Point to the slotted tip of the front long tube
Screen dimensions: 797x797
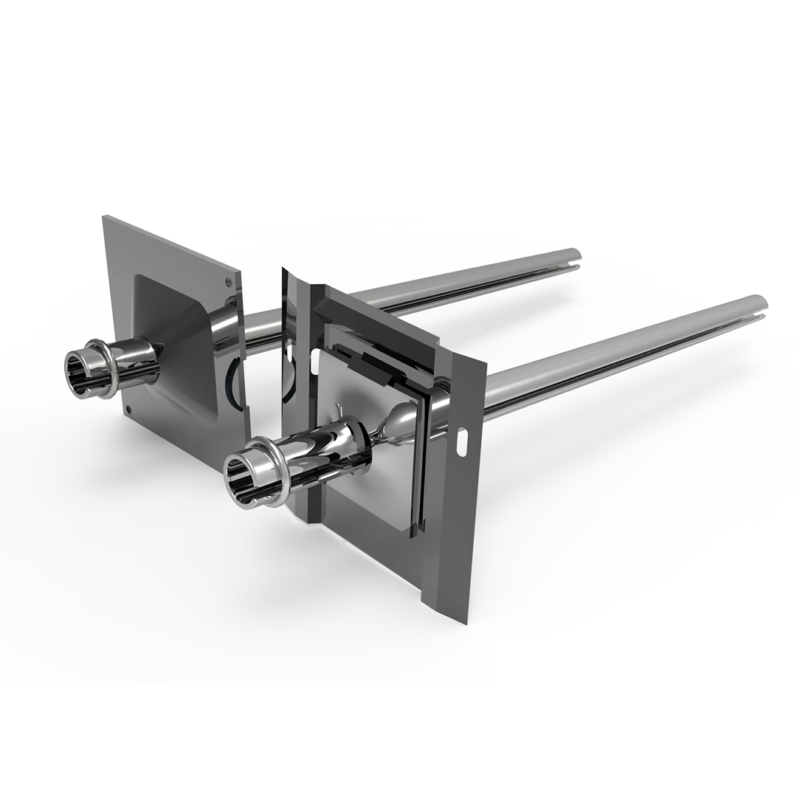point(757,303)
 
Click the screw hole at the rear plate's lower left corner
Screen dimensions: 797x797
point(128,408)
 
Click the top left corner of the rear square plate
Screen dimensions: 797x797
point(104,217)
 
